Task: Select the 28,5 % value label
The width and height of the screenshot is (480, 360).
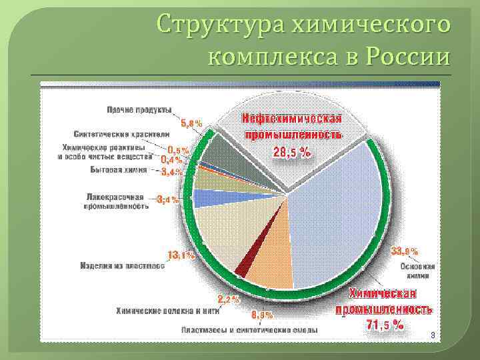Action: [292, 152]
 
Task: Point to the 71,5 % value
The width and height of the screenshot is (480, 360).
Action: [385, 325]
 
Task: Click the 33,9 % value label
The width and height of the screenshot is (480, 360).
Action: [405, 251]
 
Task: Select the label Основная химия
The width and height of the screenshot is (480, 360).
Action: [417, 270]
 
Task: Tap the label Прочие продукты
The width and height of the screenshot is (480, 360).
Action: [139, 109]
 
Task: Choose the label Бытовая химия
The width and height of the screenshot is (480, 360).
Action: [118, 169]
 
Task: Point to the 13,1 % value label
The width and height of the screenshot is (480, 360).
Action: [181, 255]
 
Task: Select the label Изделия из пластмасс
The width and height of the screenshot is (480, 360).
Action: [122, 265]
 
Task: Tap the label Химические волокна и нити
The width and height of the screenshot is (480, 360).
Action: [167, 310]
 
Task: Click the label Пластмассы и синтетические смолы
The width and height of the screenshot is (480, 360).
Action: [249, 329]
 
